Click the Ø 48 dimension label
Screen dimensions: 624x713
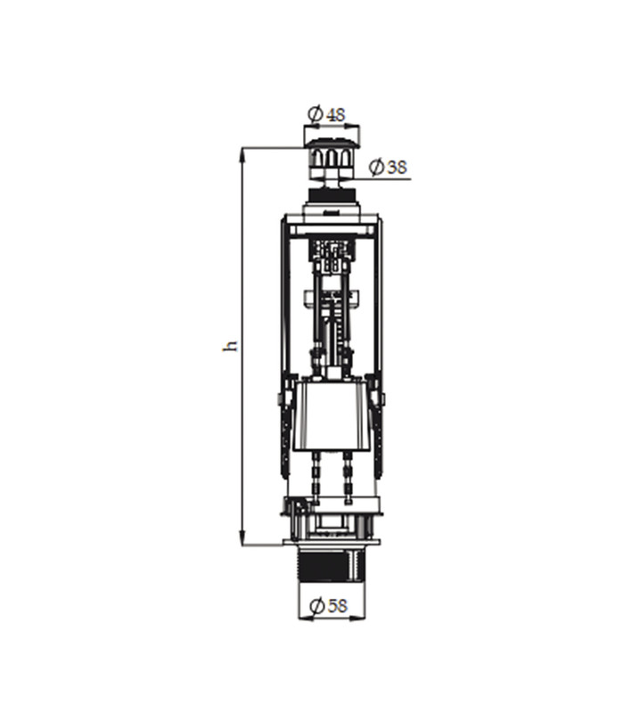(326, 114)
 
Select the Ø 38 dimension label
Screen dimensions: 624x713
(388, 167)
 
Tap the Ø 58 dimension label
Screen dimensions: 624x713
(328, 605)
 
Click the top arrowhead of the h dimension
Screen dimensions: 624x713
(242, 154)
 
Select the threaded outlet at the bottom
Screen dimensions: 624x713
(332, 564)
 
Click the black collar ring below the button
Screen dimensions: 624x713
(332, 195)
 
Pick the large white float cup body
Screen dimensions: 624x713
(331, 416)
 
